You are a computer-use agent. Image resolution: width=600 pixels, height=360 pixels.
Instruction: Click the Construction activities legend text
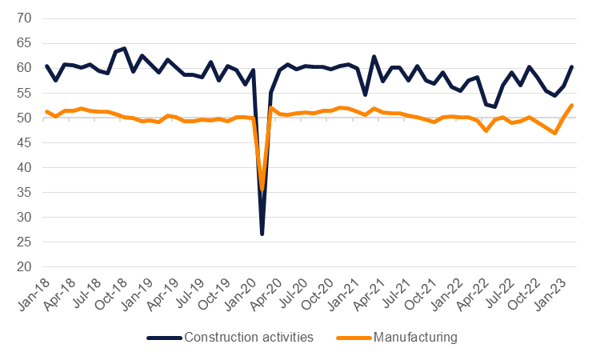tap(248, 338)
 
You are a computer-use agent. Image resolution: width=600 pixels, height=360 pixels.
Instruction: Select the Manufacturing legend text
tap(416, 338)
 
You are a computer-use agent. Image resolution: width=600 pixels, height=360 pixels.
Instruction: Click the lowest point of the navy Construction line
tap(262, 234)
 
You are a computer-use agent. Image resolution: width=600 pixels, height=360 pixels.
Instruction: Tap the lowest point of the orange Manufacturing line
tap(262, 190)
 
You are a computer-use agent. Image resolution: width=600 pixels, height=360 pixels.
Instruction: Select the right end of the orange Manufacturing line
tap(571, 106)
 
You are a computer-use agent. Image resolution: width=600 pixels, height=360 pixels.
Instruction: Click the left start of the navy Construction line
tap(46, 66)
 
